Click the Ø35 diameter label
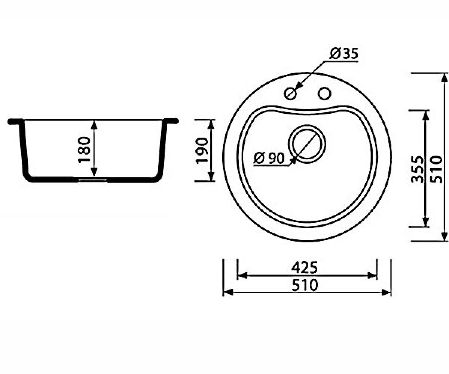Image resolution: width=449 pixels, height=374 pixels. tap(343, 53)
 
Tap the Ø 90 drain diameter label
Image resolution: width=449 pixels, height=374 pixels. tap(269, 158)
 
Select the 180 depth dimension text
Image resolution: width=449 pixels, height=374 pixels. tap(84, 150)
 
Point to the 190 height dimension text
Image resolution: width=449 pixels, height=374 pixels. tap(202, 150)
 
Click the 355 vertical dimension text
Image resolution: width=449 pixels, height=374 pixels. tap(417, 169)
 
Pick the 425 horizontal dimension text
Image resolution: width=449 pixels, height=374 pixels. tap(304, 268)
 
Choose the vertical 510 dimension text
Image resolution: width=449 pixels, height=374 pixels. tap(437, 169)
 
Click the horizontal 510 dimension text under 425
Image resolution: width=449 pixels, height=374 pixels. tap(305, 285)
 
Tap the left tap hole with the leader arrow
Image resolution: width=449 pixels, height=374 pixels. tap(290, 93)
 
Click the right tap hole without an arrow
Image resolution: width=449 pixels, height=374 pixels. tap(324, 93)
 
